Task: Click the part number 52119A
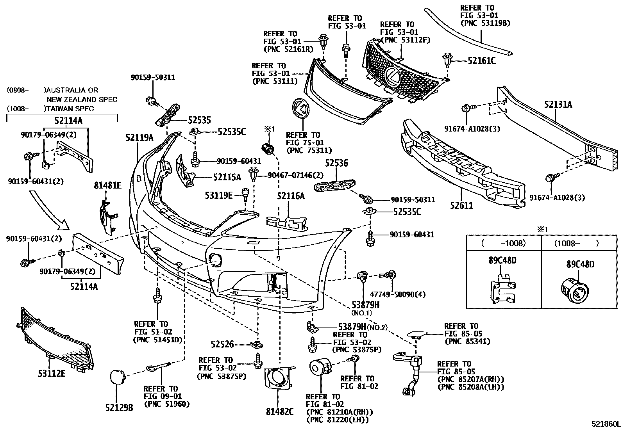click(139, 137)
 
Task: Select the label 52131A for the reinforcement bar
click(558, 104)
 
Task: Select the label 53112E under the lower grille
click(52, 374)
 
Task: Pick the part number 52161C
click(482, 61)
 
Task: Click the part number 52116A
click(291, 196)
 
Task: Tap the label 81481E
click(107, 185)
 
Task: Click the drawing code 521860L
click(605, 424)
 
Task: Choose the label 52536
click(336, 163)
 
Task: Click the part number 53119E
click(219, 194)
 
